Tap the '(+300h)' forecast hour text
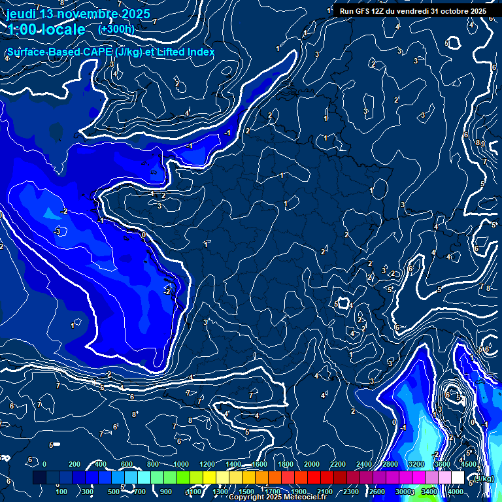[116, 29]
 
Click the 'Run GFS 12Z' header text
[362, 11]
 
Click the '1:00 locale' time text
[46, 29]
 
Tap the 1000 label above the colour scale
[180, 464]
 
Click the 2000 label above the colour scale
[311, 464]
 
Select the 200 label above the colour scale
[74, 464]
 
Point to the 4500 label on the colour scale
[468, 464]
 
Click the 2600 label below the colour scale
[377, 492]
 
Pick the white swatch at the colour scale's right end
[458, 478]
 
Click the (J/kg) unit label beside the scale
[483, 478]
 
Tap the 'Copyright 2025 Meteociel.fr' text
[278, 497]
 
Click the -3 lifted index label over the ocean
[57, 231]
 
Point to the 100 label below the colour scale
[62, 492]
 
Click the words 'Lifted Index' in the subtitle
[184, 52]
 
